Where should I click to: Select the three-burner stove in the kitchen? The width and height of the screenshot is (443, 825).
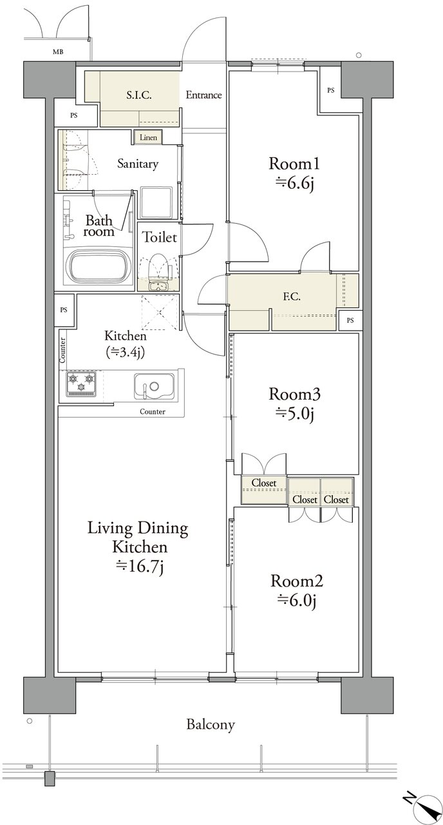coord(81,383)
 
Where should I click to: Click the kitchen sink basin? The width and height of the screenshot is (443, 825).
coord(154,386)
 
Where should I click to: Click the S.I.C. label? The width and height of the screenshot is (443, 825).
coord(139,95)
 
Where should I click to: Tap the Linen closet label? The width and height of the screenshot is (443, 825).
coord(148,137)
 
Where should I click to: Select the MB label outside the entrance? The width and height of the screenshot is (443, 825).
coord(58,52)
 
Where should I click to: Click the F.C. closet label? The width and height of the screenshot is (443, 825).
coord(292,296)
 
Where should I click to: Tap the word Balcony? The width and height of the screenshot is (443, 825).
coord(211,725)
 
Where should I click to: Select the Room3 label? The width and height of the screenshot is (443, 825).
coord(294,394)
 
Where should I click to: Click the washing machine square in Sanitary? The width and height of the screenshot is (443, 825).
coord(156,202)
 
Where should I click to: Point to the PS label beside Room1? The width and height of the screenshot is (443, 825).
coord(331,90)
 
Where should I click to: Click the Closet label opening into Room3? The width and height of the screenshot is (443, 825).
coord(264,483)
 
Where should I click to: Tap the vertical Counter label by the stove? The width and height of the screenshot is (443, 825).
coord(62,350)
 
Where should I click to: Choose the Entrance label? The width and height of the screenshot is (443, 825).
coord(203,95)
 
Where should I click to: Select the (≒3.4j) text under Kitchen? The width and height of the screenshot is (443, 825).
coord(125,353)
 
